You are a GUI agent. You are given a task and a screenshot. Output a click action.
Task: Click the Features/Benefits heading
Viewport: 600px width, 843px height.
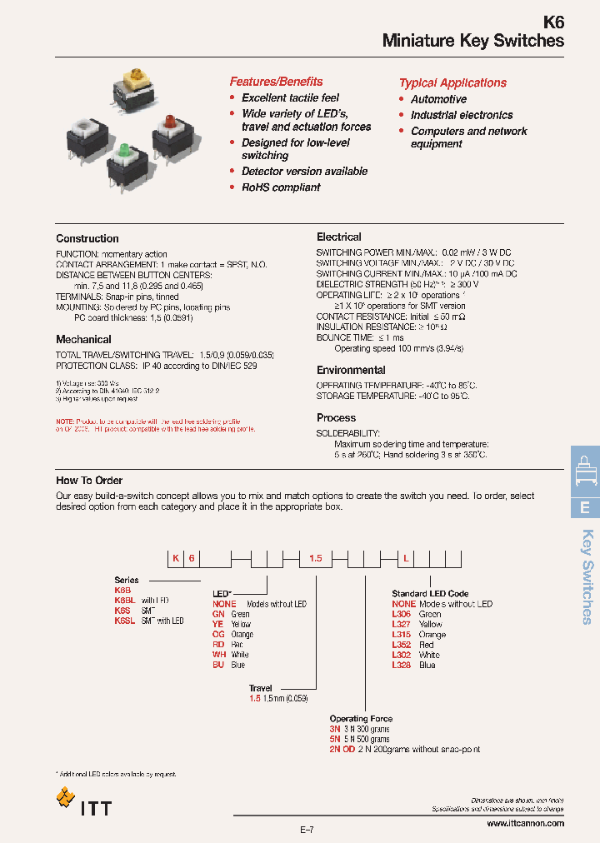[276, 82]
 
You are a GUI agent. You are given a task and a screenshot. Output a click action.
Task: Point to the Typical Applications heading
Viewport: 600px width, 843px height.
[452, 83]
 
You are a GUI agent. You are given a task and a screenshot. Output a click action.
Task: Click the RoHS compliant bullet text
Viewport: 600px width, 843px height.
[281, 187]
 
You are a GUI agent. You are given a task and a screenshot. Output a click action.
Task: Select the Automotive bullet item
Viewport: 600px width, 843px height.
[438, 99]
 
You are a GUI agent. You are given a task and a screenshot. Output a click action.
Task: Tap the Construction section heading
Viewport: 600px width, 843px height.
[87, 239]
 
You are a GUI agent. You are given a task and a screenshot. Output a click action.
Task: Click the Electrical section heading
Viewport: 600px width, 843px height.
[339, 237]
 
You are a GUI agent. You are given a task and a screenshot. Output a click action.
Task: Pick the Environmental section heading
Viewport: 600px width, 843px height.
[351, 371]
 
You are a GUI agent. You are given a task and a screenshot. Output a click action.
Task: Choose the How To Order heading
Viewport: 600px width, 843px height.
[89, 481]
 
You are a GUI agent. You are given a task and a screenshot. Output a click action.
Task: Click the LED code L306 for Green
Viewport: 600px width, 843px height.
[402, 614]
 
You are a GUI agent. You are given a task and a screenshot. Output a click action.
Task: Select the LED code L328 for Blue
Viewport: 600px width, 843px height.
[402, 666]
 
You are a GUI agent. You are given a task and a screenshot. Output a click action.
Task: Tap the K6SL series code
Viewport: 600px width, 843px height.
[125, 621]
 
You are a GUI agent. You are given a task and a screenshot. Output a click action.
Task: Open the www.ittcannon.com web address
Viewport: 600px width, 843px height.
[524, 824]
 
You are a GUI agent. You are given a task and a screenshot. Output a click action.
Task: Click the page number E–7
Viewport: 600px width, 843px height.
[307, 830]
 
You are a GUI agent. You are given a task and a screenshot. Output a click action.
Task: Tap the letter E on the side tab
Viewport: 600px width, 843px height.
[585, 507]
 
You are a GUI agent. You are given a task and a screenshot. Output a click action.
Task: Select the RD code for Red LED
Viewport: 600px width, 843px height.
[219, 645]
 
